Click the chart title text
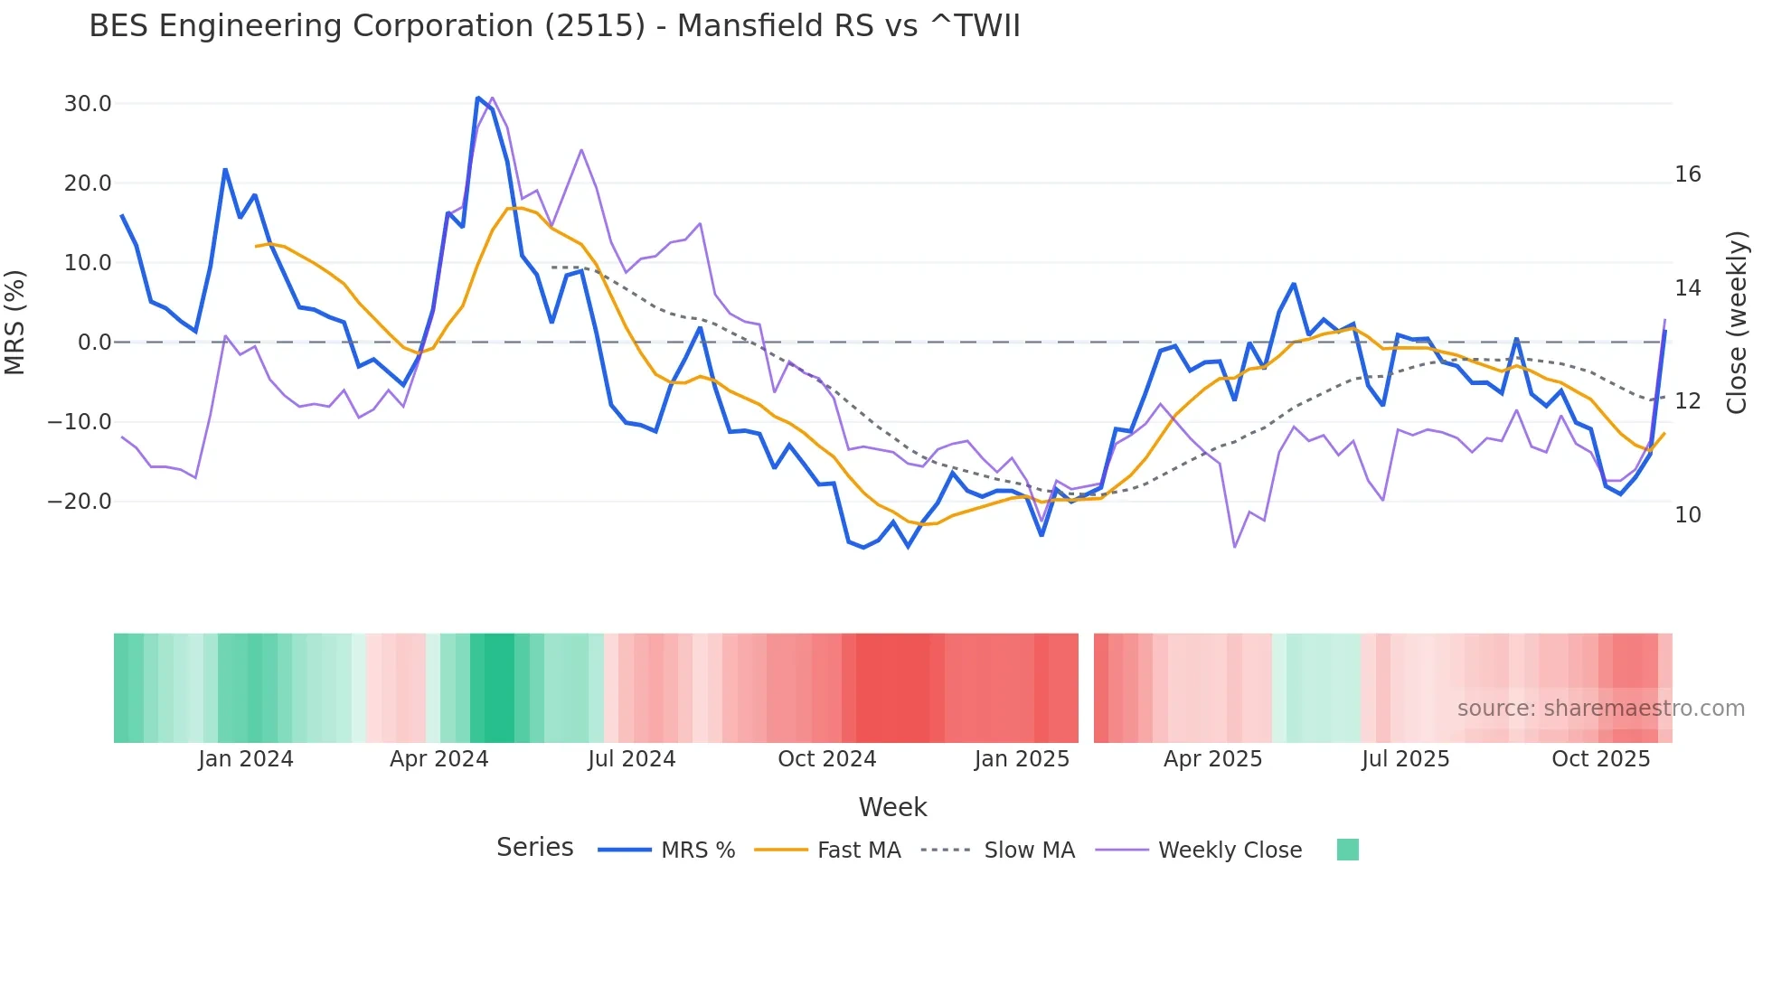click(x=554, y=26)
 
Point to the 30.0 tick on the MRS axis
click(x=88, y=104)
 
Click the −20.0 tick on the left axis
click(x=80, y=502)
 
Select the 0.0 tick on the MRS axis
click(x=94, y=343)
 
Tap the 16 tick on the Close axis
click(x=1687, y=174)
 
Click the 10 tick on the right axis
click(x=1687, y=515)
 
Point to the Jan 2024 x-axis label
click(x=246, y=759)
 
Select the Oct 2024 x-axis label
click(x=826, y=759)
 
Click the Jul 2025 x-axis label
click(x=1405, y=759)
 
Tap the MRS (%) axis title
click(x=15, y=322)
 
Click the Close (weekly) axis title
click(x=1737, y=323)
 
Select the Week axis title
click(x=892, y=807)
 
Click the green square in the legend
click(x=1347, y=850)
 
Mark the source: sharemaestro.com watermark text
click(x=1600, y=709)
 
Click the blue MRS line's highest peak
click(x=478, y=98)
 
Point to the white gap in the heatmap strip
click(x=1086, y=688)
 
